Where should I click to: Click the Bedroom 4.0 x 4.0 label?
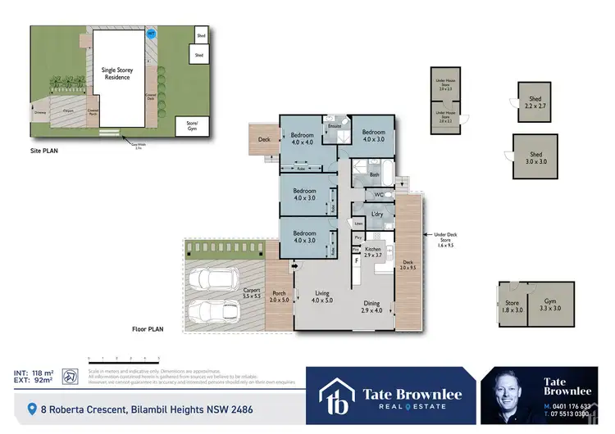[x=304, y=137]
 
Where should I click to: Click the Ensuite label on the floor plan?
[x=335, y=127]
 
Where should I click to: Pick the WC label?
[x=379, y=194]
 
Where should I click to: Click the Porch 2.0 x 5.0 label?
[x=279, y=296]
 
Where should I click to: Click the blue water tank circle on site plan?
[x=150, y=34]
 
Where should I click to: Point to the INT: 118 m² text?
[x=33, y=373]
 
